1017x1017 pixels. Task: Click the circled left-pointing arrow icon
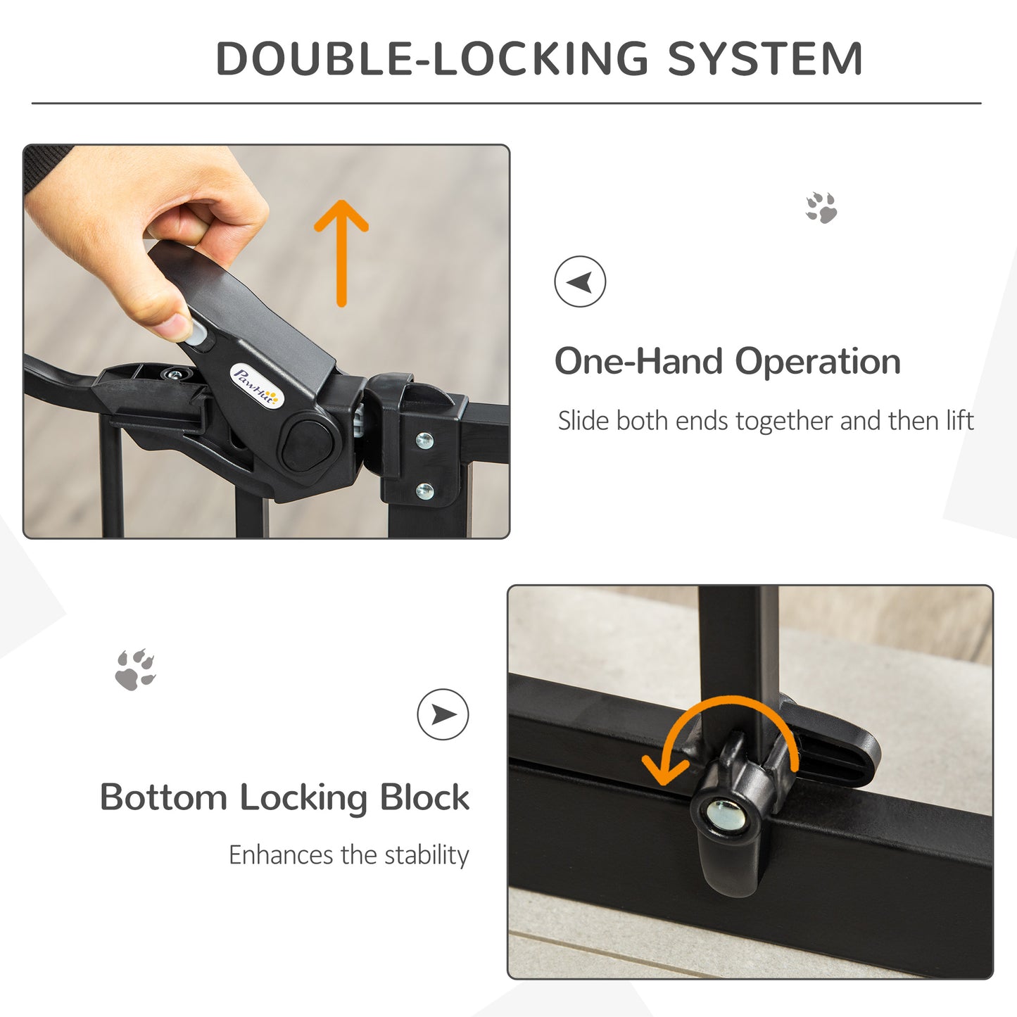coord(580,282)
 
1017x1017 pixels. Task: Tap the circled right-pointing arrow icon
coord(443,714)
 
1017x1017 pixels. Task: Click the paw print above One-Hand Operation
coord(821,208)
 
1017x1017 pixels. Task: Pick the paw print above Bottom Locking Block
coord(135,669)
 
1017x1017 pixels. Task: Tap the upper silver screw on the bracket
coord(424,441)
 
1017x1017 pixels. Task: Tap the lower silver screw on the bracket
coord(424,491)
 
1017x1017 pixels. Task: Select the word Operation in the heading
coord(818,362)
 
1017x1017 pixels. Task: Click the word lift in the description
coord(959,421)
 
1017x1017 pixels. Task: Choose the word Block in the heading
coord(424,797)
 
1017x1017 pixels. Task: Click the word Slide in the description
coord(583,421)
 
